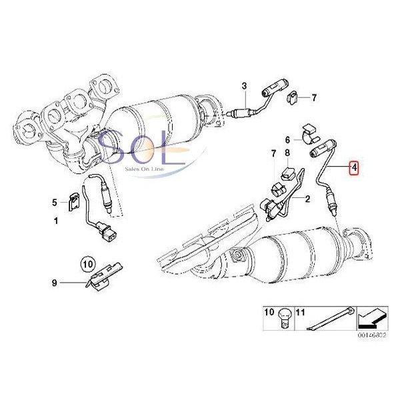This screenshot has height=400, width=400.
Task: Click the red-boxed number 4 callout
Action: (355, 169)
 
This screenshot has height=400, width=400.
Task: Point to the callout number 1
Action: (56, 220)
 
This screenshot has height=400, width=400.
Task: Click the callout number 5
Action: (56, 201)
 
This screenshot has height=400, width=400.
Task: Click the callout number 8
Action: (287, 155)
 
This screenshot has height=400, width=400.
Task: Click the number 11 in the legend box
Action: (299, 311)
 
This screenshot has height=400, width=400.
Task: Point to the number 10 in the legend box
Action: (269, 311)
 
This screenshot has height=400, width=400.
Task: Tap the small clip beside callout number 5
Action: (74, 200)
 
